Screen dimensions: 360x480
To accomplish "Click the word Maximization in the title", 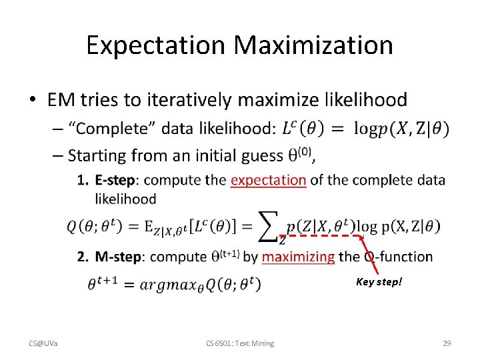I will (x=313, y=45).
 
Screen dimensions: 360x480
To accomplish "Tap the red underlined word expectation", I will (x=268, y=180).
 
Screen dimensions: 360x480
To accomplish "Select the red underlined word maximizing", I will (x=298, y=257).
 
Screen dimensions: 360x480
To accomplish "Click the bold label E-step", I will (x=117, y=180).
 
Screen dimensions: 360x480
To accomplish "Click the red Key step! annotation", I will (x=379, y=282).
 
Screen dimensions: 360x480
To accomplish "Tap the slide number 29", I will (x=447, y=343).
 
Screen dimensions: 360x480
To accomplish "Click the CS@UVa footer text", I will (x=43, y=343).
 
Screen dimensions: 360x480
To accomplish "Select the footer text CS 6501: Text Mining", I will (x=239, y=343).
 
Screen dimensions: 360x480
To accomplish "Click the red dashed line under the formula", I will (x=320, y=235).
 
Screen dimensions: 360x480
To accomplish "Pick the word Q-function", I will (x=398, y=257).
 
